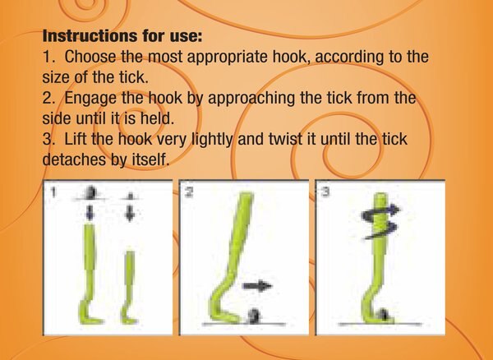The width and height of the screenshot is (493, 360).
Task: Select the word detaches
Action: (x=75, y=159)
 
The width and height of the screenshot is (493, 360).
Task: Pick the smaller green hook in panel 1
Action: (x=129, y=288)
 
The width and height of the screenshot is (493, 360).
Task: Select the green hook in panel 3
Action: (x=380, y=263)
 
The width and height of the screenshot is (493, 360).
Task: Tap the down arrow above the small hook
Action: (x=128, y=212)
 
